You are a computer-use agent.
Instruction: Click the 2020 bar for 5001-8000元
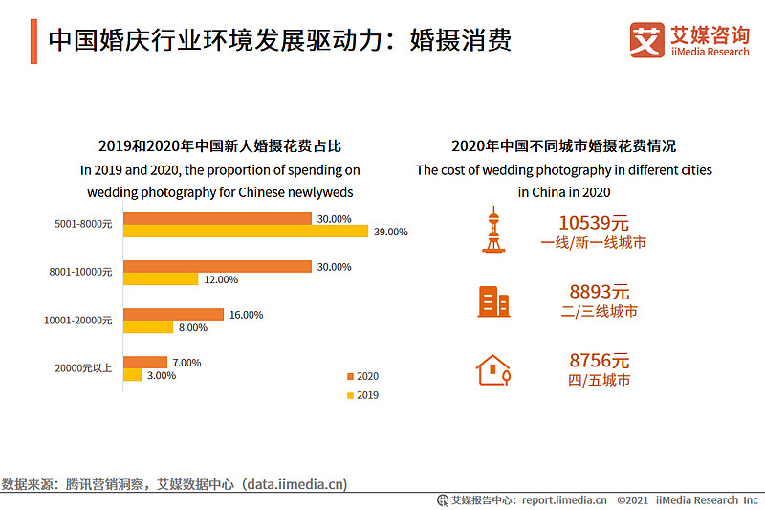tap(217, 219)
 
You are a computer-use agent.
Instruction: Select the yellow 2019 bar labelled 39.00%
tap(246, 231)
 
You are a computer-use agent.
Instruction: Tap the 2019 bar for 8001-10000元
tap(161, 278)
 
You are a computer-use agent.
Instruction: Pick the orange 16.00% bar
tap(173, 314)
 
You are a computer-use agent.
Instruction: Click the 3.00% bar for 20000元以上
tap(132, 375)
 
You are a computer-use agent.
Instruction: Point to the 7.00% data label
tap(186, 363)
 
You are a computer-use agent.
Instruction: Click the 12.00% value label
tap(221, 279)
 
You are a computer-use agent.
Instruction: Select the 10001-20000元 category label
tap(78, 321)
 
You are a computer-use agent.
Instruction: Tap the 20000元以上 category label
tap(83, 368)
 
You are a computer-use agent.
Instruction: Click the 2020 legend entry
tap(362, 376)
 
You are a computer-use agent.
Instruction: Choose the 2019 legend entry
tap(362, 395)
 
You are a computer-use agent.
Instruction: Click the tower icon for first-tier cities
tap(493, 230)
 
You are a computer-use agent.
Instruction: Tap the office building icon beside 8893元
tap(493, 301)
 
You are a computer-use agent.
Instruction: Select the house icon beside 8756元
tap(493, 370)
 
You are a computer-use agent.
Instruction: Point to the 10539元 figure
tap(593, 223)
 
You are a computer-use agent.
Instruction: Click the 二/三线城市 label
tap(600, 311)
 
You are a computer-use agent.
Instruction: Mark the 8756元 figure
tap(600, 361)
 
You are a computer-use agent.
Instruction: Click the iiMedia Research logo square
tap(647, 40)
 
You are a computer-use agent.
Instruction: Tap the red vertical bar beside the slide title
tap(33, 41)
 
